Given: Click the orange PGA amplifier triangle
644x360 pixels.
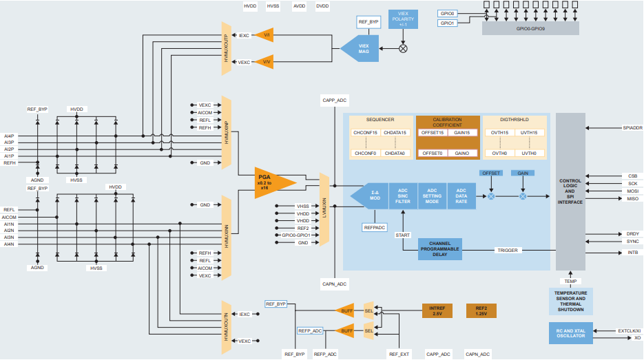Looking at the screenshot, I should (x=271, y=183).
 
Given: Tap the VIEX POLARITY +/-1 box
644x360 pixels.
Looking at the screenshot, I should (x=404, y=19).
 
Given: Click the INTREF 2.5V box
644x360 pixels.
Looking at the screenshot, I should (x=437, y=310).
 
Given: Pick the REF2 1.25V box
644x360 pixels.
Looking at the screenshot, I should (x=481, y=310).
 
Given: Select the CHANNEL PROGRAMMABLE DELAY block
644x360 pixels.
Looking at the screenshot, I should (x=439, y=249).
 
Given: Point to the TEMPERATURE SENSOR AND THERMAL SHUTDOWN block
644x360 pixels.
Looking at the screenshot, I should (x=571, y=301).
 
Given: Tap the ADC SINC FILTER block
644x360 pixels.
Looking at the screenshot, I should (x=403, y=196).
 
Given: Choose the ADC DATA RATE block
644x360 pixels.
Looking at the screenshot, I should (x=461, y=196).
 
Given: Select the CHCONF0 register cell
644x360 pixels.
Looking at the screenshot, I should (x=365, y=153).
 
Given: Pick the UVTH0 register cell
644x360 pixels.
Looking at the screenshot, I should (x=530, y=153).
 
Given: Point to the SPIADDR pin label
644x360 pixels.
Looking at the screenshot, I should (x=632, y=127).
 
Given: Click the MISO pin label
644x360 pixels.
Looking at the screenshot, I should (x=632, y=198).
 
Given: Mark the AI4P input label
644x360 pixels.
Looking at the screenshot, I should (x=9, y=136).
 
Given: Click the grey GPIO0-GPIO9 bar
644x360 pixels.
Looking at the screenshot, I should (x=530, y=28).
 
